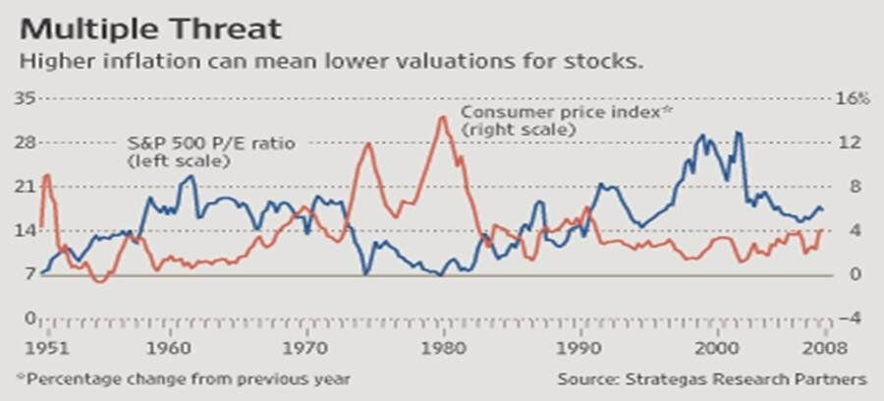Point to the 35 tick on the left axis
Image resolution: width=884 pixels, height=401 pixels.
pyautogui.click(x=26, y=98)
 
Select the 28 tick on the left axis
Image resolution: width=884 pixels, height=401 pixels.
pyautogui.click(x=26, y=143)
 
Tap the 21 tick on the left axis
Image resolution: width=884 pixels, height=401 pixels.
pyautogui.click(x=26, y=187)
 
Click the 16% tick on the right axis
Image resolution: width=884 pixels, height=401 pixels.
pyautogui.click(x=853, y=98)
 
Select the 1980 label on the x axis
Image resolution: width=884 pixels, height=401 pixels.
pyautogui.click(x=444, y=348)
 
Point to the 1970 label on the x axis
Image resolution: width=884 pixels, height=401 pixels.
pyautogui.click(x=307, y=348)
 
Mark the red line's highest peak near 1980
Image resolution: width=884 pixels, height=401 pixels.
pyautogui.click(x=443, y=117)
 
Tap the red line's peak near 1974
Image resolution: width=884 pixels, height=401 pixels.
pyautogui.click(x=368, y=143)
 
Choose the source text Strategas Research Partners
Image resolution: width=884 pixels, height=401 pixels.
pyautogui.click(x=747, y=378)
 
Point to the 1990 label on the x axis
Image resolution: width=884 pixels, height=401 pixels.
pyautogui.click(x=580, y=348)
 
